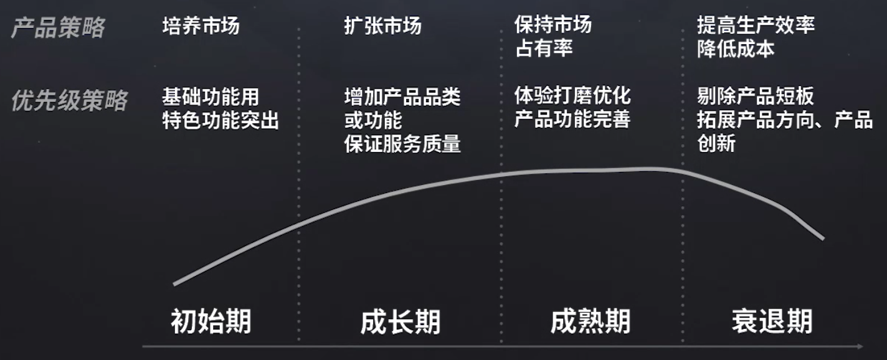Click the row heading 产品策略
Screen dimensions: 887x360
pyautogui.click(x=58, y=27)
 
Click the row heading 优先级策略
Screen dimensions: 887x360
pyautogui.click(x=69, y=100)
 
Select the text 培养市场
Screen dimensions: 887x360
pyautogui.click(x=201, y=26)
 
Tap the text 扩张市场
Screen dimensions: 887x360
pyautogui.click(x=382, y=26)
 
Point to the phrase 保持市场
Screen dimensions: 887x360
pyautogui.click(x=553, y=25)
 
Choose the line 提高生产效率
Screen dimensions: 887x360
pyautogui.click(x=756, y=25)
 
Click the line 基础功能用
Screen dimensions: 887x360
pyautogui.click(x=211, y=97)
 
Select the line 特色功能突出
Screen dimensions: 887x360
pyautogui.click(x=221, y=120)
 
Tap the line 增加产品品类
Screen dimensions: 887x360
pyautogui.click(x=402, y=97)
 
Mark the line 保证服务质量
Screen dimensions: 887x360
pyautogui.click(x=402, y=144)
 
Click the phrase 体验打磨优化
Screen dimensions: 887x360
pyautogui.click(x=572, y=96)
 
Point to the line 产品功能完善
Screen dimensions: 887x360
pyautogui.click(x=572, y=120)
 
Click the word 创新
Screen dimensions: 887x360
pyautogui.click(x=716, y=144)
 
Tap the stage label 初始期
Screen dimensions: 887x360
pyautogui.click(x=211, y=322)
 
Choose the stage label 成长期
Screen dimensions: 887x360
pyautogui.click(x=401, y=322)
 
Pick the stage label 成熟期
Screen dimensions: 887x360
pyautogui.click(x=591, y=322)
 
